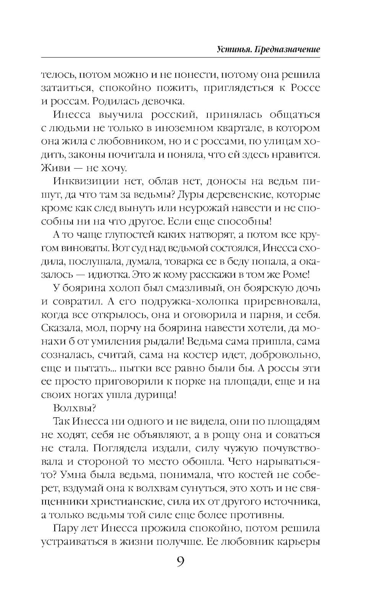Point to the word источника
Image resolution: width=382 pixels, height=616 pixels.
coord(291,501)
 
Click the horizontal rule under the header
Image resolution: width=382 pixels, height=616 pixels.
coord(180,58)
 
